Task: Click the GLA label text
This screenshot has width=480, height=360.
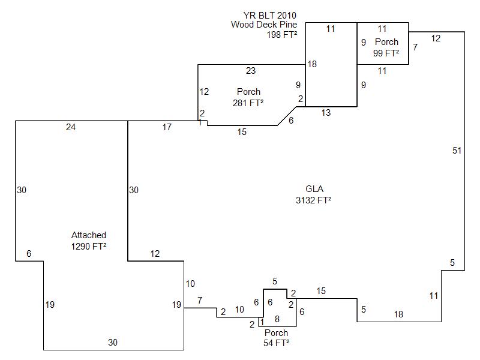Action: [314, 190]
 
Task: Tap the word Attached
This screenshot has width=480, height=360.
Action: [89, 235]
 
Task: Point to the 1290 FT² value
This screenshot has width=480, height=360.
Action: [89, 246]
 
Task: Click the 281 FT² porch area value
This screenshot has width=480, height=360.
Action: [248, 103]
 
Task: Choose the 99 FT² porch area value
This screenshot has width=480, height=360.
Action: [386, 53]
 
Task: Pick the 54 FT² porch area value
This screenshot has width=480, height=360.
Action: [277, 343]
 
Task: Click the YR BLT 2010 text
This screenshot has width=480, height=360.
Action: [270, 14]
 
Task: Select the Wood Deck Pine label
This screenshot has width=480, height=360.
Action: [264, 25]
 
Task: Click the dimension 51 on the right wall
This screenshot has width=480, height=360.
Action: [457, 151]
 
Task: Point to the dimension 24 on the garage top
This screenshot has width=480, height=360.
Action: [71, 127]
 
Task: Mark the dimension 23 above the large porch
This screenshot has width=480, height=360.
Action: [251, 71]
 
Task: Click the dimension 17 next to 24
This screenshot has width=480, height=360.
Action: [167, 127]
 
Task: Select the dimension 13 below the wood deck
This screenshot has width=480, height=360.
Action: [326, 113]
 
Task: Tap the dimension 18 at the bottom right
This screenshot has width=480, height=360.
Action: [398, 314]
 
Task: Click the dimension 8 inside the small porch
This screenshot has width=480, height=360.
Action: [277, 319]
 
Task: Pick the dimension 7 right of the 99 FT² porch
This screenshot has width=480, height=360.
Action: [415, 47]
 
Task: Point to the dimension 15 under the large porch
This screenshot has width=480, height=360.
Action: [241, 132]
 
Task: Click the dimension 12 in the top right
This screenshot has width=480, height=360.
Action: [436, 38]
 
